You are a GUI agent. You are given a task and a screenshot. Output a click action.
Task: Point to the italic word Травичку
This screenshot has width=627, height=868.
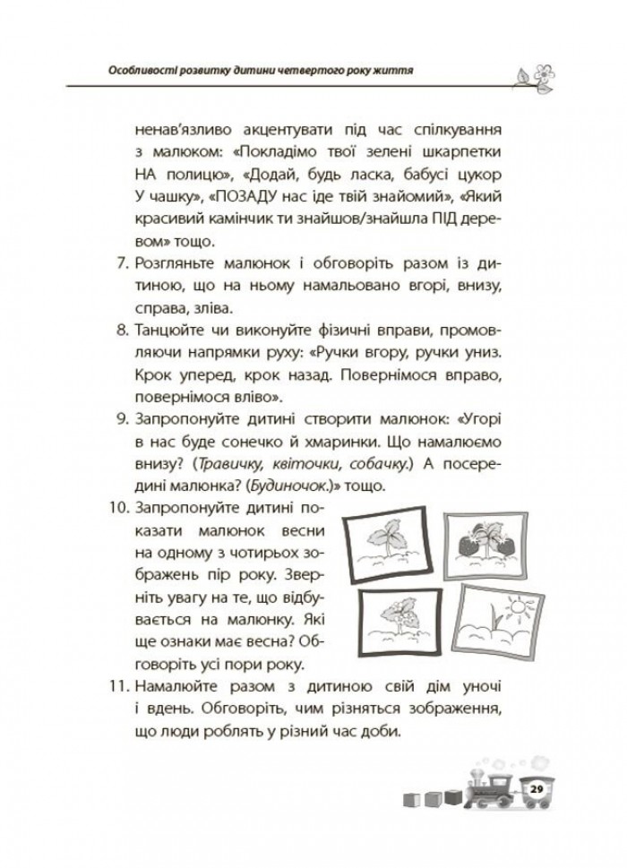(x=234, y=464)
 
